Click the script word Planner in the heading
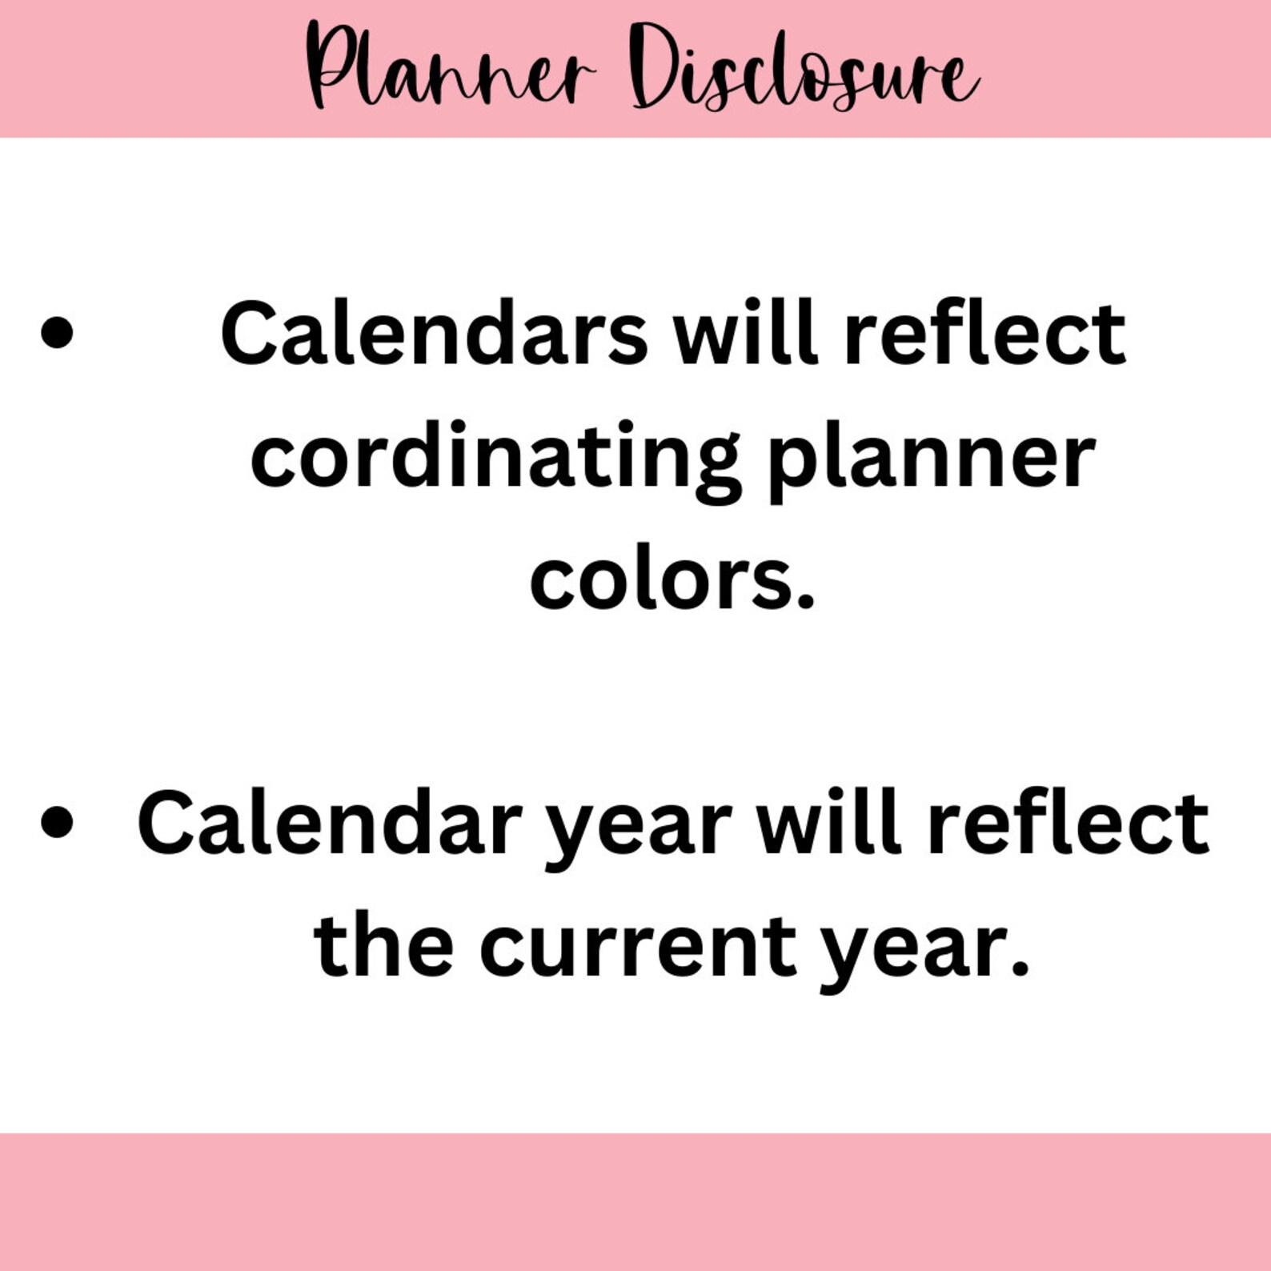pos(450,68)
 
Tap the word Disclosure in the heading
pos(804,68)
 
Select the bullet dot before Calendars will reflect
pos(56,333)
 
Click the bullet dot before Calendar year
pos(56,823)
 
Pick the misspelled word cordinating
pos(495,456)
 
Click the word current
pos(638,946)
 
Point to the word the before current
pos(384,946)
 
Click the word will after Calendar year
pos(829,823)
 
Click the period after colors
pos(805,602)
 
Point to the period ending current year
pos(1019,968)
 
